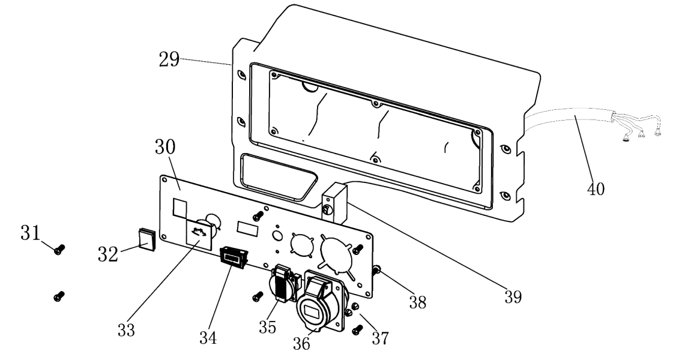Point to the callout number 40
[x=596, y=190]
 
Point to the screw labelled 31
[x=59, y=250]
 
